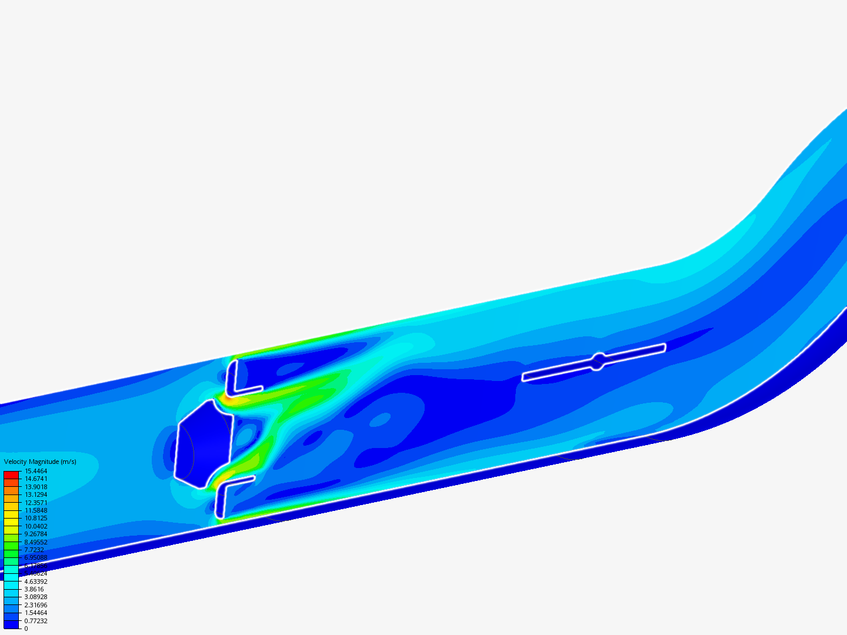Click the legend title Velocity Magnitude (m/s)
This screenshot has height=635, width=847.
click(40, 462)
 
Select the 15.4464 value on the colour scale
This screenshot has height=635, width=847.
click(36, 471)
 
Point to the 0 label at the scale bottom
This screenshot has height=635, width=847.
click(26, 629)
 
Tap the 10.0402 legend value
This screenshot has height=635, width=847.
click(36, 526)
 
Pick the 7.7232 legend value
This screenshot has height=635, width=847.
click(34, 550)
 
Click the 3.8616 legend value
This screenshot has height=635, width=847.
click(34, 589)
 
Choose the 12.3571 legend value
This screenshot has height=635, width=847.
click(36, 503)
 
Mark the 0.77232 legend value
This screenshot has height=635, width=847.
click(36, 621)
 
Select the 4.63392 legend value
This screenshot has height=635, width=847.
click(36, 581)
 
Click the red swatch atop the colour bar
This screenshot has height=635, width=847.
click(11, 474)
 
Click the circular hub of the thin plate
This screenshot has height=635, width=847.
click(598, 362)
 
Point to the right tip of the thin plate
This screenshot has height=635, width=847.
click(663, 347)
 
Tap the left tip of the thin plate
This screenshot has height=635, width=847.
click(525, 377)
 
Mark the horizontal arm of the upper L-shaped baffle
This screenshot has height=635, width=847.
click(248, 390)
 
